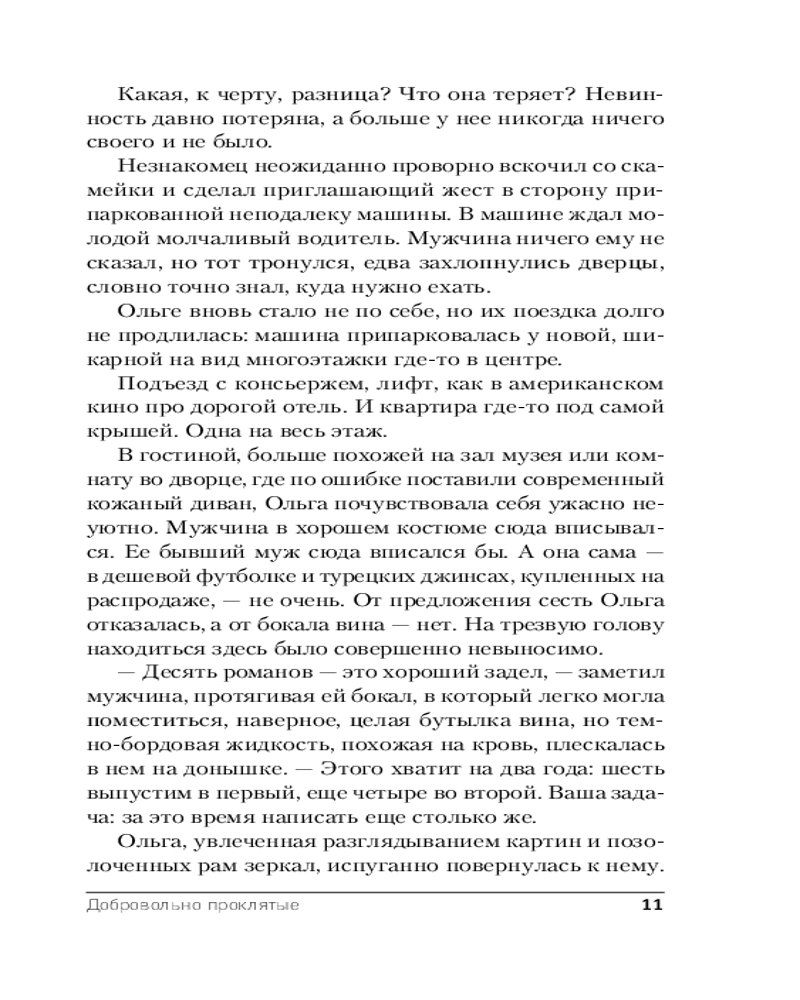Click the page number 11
(651, 906)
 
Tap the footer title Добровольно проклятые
(194, 906)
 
